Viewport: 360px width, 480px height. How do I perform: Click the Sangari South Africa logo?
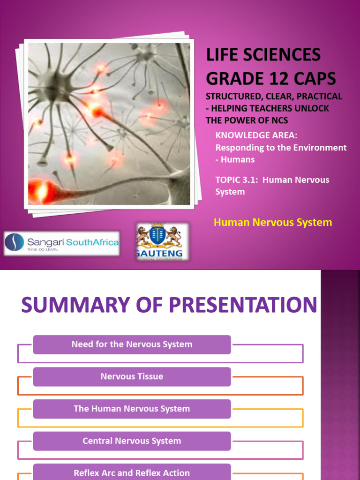[61, 243]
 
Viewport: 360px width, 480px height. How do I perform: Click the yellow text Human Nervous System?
[272, 222]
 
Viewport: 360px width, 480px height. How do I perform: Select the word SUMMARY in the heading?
[83, 305]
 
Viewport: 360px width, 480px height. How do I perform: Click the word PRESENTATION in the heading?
[243, 305]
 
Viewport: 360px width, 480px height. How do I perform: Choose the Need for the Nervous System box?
[132, 345]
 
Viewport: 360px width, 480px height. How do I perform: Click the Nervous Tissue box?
[132, 376]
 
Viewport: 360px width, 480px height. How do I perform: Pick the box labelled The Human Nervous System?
[132, 409]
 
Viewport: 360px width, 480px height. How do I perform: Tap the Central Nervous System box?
[132, 441]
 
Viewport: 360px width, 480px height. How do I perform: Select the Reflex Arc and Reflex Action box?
[132, 472]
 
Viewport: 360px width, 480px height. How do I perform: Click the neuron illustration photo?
[109, 124]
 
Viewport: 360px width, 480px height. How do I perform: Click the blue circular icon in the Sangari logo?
[15, 242]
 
